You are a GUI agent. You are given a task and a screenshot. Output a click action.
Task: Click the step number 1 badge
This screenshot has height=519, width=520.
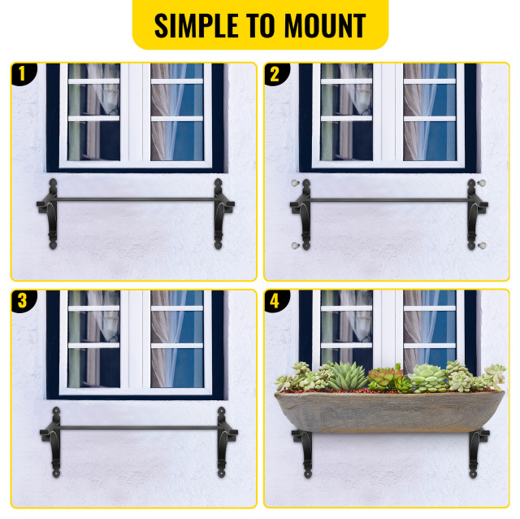pyautogui.click(x=22, y=75)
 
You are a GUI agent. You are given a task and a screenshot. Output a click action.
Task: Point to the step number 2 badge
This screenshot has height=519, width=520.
pyautogui.click(x=275, y=75)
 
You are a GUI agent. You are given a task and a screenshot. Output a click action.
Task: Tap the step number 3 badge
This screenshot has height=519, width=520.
pyautogui.click(x=22, y=300)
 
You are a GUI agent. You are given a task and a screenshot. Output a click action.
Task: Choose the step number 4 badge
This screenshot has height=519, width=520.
pyautogui.click(x=275, y=300)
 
